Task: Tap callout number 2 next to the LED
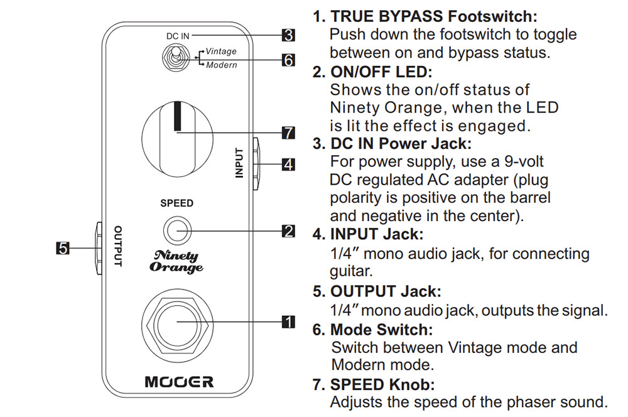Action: pyautogui.click(x=288, y=231)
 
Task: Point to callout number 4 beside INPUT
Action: pyautogui.click(x=288, y=165)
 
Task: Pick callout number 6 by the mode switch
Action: pyautogui.click(x=288, y=60)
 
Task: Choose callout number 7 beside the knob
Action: pyautogui.click(x=288, y=133)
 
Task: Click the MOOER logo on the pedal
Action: pyautogui.click(x=179, y=381)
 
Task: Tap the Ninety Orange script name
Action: pyautogui.click(x=176, y=261)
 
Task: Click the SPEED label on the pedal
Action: pyautogui.click(x=176, y=203)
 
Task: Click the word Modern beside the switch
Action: pyautogui.click(x=221, y=65)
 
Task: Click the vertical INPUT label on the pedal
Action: pyautogui.click(x=239, y=163)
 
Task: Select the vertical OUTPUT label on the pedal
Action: pyautogui.click(x=117, y=247)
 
